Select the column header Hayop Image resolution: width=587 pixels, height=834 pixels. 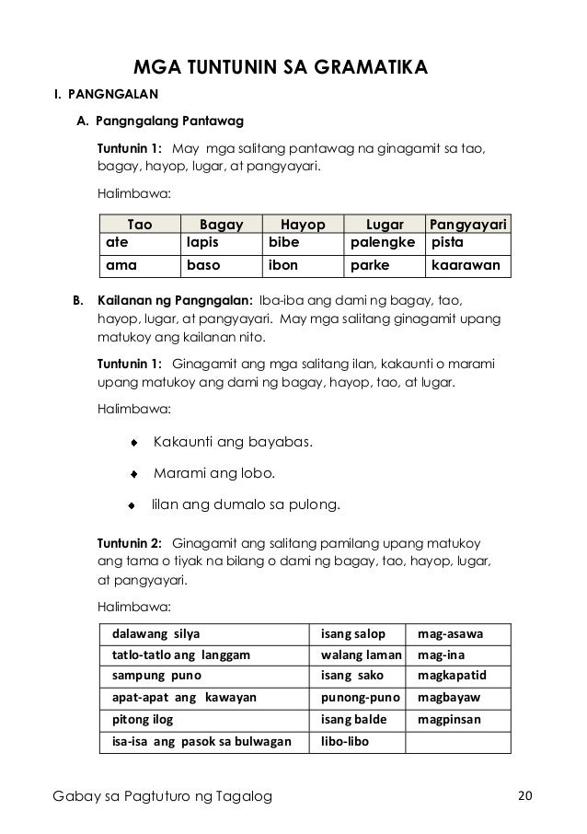pyautogui.click(x=303, y=225)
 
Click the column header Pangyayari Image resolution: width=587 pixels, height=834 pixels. pyautogui.click(x=469, y=225)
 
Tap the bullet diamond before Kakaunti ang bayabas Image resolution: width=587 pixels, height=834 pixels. pyautogui.click(x=134, y=443)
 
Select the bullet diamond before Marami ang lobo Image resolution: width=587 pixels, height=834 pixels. pyautogui.click(x=134, y=475)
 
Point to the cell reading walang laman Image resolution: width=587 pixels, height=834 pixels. pyautogui.click(x=361, y=655)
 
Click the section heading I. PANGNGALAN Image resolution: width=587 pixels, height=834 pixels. pyautogui.click(x=104, y=94)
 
